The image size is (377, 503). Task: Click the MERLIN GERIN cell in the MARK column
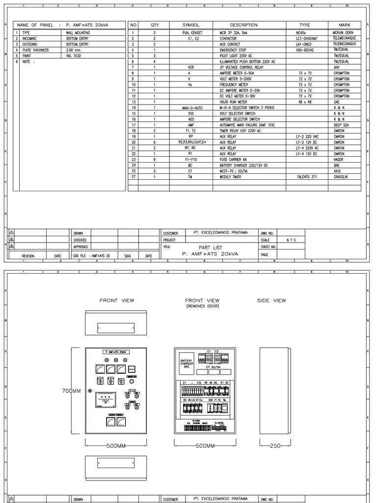coord(343,32)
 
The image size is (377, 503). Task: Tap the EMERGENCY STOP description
coord(233,50)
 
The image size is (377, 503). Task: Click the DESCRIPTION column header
coord(243,25)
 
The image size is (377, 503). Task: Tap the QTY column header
coord(155,25)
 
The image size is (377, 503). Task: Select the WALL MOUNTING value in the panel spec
coord(78,32)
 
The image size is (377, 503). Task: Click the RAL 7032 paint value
coord(74,56)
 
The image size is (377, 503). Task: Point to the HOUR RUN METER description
coord(233,102)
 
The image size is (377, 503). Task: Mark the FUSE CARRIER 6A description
coord(234,159)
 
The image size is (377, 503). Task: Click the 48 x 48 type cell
coord(305,102)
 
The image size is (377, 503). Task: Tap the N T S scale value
coord(291,240)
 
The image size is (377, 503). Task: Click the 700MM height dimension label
coord(72,391)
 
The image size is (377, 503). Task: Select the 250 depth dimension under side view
coord(275,446)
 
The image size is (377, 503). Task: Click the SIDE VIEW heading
coord(271,301)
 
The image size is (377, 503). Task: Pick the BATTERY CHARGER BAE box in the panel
coord(187,363)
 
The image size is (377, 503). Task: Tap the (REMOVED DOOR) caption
coord(202,306)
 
